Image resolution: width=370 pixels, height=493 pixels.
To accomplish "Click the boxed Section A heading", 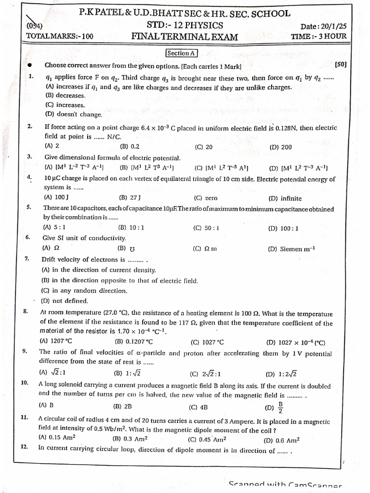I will (181, 53).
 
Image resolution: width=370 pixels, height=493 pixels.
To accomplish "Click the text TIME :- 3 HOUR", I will (318, 36).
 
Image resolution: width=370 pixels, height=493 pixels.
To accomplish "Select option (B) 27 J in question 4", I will (130, 197).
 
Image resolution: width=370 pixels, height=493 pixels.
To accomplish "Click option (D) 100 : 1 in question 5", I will (283, 228).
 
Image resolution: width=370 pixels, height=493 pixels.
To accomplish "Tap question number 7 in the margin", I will (27, 259).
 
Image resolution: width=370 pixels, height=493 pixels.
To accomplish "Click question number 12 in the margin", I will (25, 447).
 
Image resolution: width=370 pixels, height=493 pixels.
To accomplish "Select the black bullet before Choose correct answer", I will (29, 65).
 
